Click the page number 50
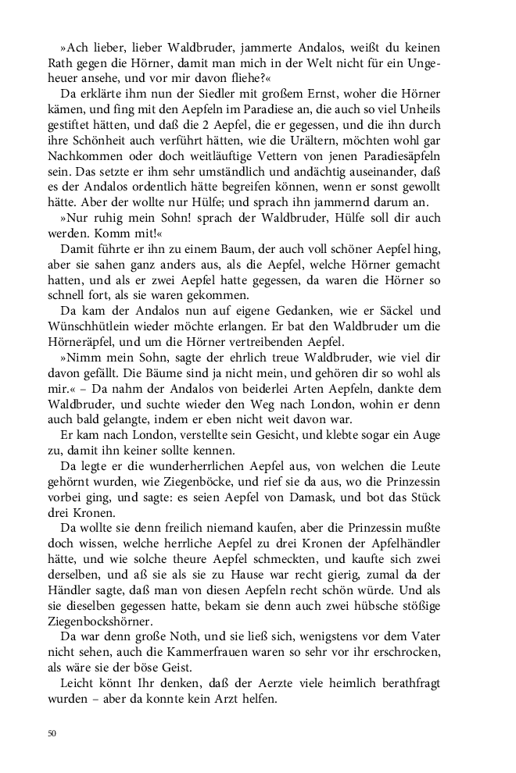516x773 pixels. pos(52,733)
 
